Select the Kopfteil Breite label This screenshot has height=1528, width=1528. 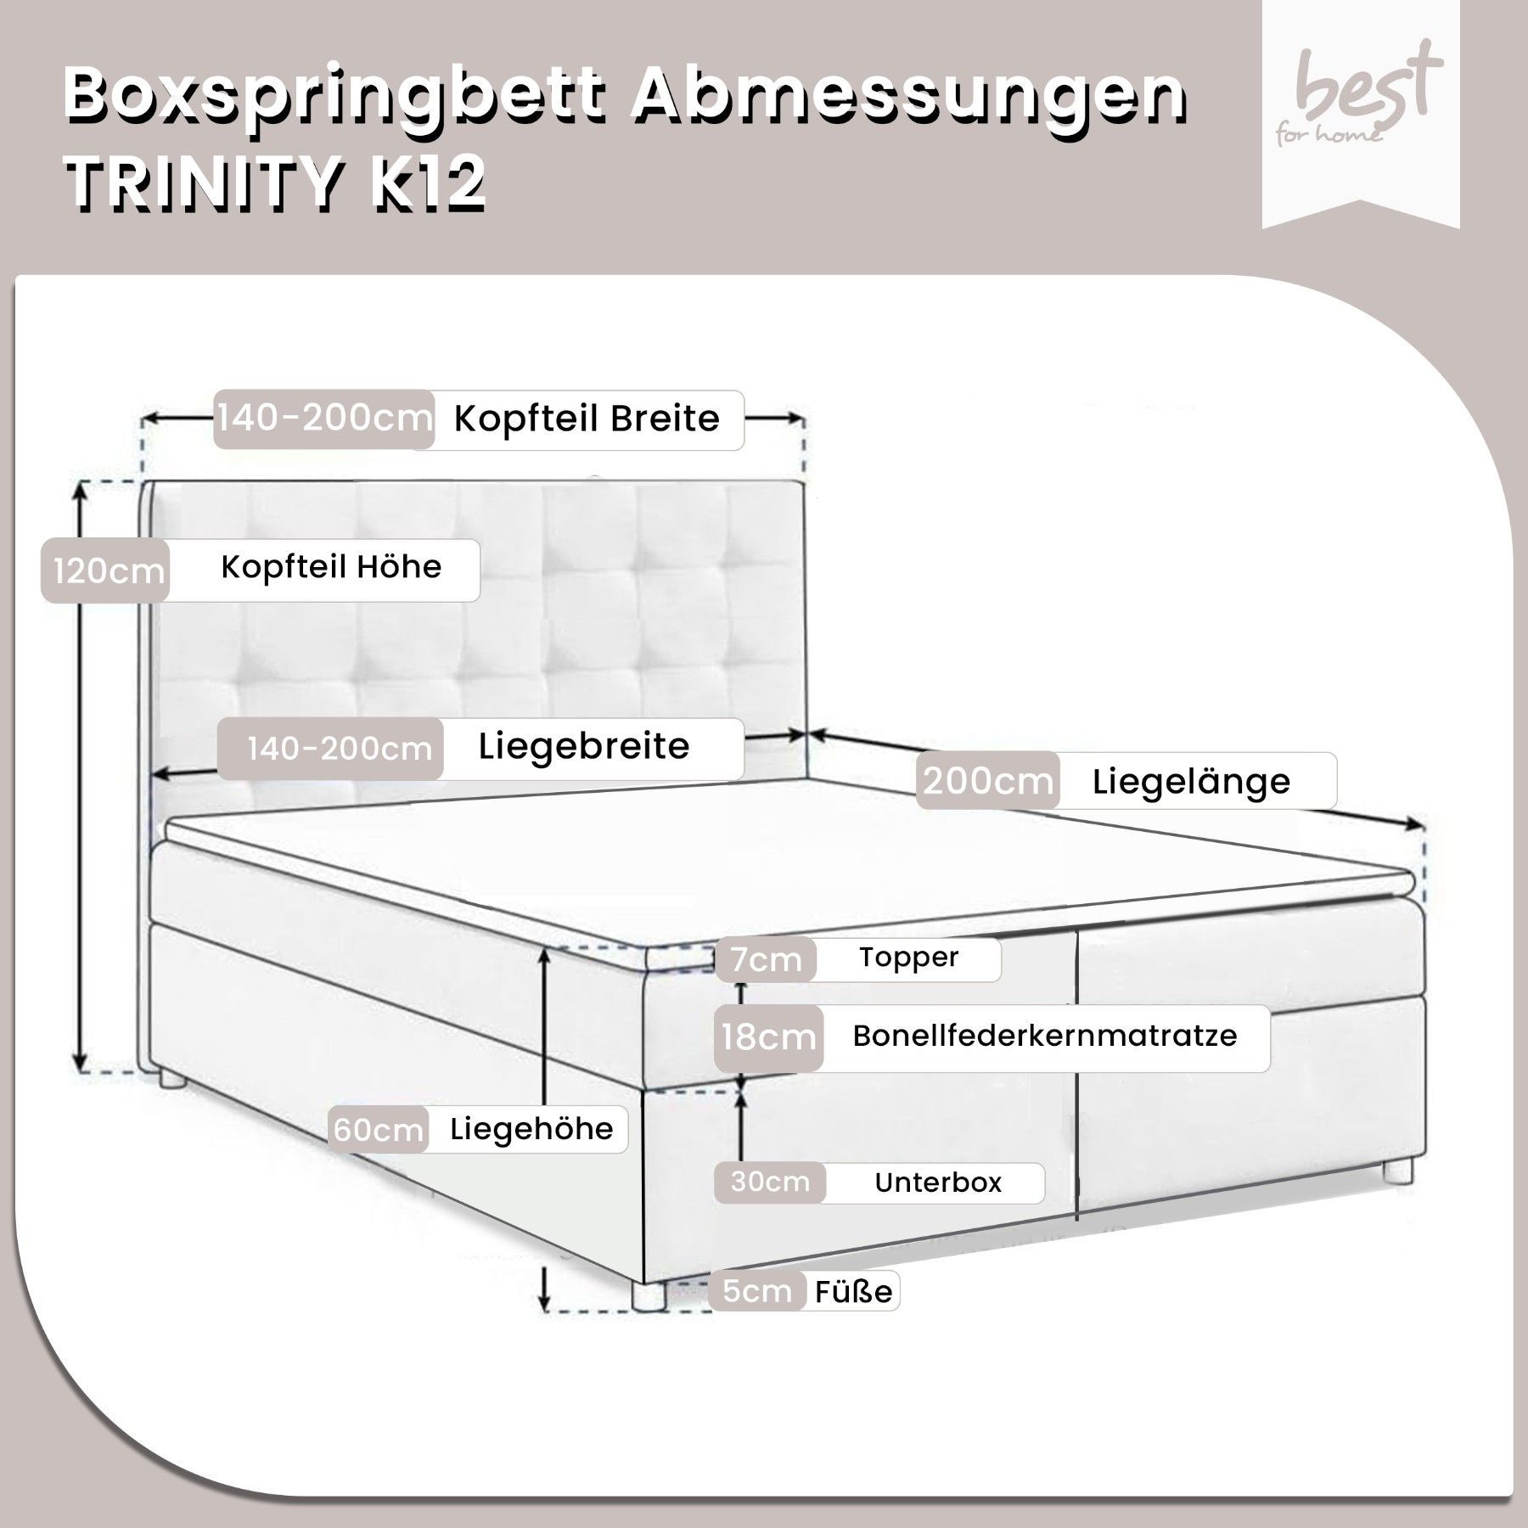point(587,419)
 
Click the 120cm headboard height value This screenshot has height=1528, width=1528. point(109,570)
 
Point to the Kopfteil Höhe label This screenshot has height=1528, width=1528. point(331,567)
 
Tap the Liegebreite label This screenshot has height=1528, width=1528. point(584,747)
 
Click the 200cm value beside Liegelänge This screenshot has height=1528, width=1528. point(987,780)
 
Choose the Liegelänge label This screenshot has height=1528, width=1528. point(1191,782)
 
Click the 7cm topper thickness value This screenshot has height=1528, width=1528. point(767,959)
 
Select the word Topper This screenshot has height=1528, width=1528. point(908,958)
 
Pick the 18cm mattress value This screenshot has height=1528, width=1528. point(768,1036)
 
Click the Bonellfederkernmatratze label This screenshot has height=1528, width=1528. point(1045,1036)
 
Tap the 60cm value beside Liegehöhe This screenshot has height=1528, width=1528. point(378,1130)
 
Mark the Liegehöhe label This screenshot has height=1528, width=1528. point(531,1129)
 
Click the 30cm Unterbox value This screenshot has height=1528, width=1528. point(769,1182)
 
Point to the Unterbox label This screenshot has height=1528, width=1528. point(938,1183)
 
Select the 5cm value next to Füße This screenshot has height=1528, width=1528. point(756,1291)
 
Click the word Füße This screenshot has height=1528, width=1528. point(853,1291)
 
